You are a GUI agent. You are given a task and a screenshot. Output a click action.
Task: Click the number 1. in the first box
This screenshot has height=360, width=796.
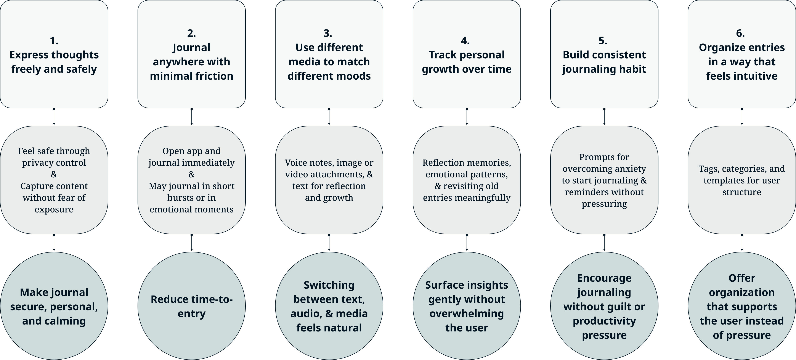tap(54, 40)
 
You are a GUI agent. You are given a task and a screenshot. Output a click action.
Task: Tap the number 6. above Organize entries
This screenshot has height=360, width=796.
tap(740, 33)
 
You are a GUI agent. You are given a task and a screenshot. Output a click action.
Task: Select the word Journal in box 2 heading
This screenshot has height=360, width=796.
tap(192, 48)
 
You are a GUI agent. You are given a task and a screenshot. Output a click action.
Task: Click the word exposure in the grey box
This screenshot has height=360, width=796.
tap(54, 209)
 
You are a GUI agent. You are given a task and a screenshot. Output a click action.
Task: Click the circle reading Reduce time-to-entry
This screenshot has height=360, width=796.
tap(192, 306)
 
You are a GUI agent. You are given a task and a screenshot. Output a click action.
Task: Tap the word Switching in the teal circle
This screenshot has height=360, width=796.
tap(329, 285)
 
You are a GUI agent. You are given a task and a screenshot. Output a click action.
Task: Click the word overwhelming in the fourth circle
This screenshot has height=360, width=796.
tap(467, 314)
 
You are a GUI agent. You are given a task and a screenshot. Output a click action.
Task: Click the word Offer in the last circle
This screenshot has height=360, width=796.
tap(742, 278)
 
